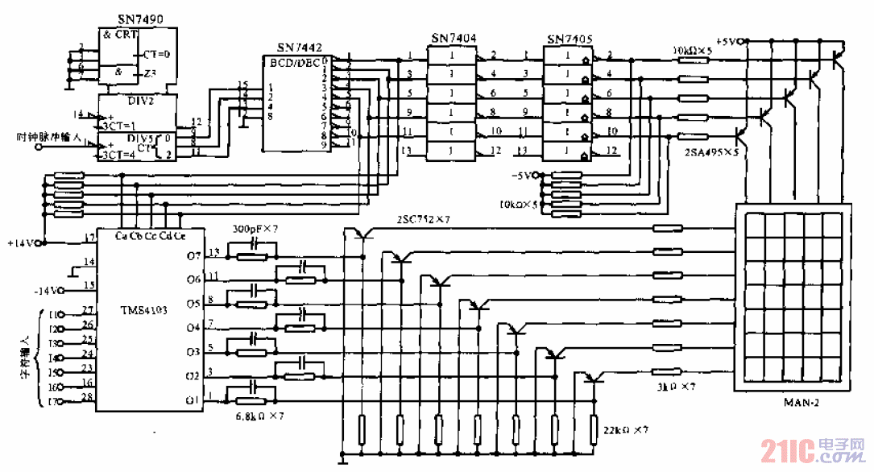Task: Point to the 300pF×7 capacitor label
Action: (255, 230)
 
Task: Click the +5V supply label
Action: (728, 40)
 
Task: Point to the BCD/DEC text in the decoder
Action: (296, 62)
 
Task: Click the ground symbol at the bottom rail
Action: (343, 460)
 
